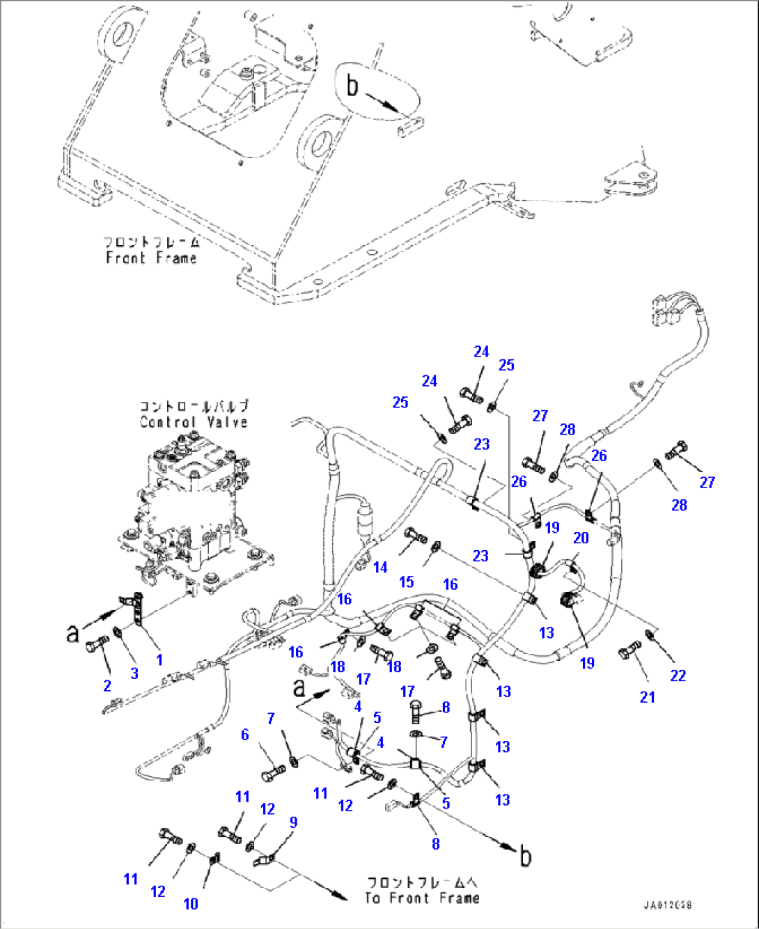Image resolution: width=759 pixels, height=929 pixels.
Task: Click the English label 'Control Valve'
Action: point(193,422)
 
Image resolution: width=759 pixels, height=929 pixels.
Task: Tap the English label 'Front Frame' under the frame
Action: point(151,258)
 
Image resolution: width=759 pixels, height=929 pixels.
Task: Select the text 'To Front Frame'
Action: point(422,898)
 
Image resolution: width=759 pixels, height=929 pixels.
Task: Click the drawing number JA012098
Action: point(668,906)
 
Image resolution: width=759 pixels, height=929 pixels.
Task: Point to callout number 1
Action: point(159,659)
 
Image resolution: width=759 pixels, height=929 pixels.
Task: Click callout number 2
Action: point(107,686)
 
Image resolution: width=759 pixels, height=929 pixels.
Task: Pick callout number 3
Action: point(134,673)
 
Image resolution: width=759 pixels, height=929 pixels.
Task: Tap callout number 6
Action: point(245,735)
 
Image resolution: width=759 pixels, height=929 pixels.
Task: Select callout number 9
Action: point(293,822)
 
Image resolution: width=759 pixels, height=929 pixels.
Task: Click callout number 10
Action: point(191,904)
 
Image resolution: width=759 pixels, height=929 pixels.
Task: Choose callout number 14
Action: point(380,568)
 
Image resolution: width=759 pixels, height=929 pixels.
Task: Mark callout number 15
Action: point(407,581)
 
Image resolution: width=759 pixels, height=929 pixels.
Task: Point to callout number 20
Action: point(581,538)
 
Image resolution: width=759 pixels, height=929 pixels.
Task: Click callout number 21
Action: point(648,696)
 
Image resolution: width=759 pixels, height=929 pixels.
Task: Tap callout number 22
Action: point(678,675)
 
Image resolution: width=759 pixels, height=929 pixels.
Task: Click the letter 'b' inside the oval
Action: point(353,86)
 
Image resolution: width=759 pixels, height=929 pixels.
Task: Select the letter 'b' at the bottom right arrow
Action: point(526,856)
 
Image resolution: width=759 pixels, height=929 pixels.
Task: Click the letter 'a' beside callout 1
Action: point(72,633)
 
